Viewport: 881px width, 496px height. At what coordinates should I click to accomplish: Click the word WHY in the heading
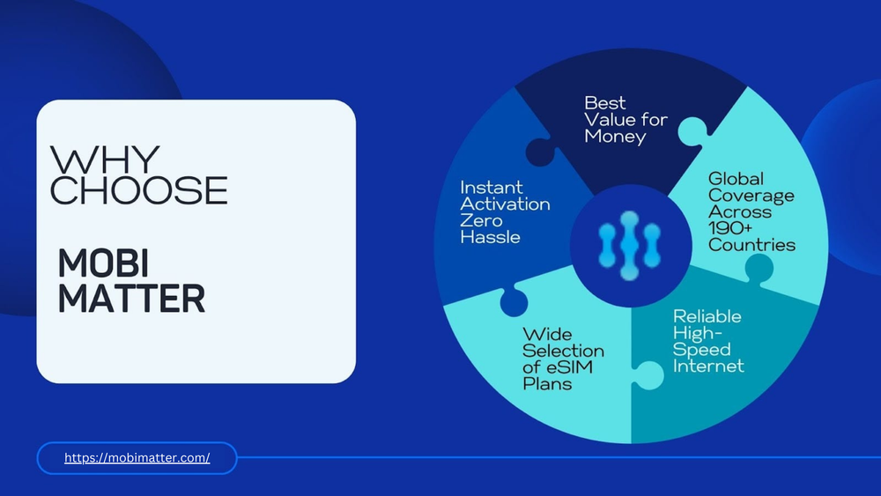(x=105, y=161)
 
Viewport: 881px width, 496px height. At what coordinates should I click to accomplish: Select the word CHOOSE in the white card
(x=139, y=191)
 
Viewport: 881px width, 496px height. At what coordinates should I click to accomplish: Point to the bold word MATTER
(x=131, y=299)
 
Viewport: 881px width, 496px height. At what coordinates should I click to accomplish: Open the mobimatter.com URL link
(x=137, y=458)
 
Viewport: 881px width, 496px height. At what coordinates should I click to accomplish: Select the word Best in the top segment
(x=605, y=103)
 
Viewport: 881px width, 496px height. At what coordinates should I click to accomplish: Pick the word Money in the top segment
(x=615, y=137)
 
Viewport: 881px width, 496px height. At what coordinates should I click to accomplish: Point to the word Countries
(x=751, y=245)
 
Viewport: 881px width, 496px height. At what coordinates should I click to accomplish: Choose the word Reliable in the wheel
(x=707, y=316)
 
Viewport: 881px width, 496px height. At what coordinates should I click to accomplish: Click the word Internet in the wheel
(x=708, y=366)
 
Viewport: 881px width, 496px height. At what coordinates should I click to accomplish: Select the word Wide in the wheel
(x=547, y=335)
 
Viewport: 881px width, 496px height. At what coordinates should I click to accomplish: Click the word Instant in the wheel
(x=492, y=188)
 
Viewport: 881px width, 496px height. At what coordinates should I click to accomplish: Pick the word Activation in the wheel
(x=505, y=204)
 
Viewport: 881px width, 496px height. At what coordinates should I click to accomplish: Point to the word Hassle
(x=490, y=237)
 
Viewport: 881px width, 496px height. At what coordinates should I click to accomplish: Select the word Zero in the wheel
(x=482, y=220)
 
